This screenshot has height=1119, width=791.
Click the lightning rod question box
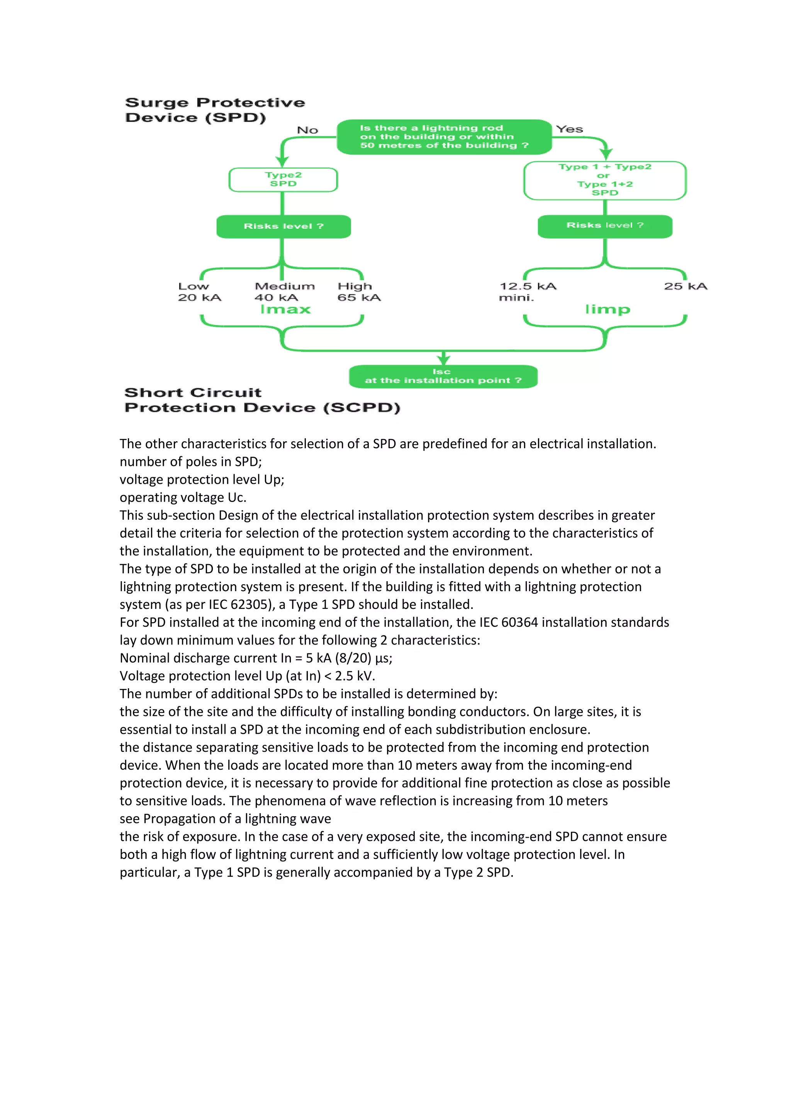point(444,137)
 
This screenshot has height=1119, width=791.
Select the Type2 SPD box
point(283,179)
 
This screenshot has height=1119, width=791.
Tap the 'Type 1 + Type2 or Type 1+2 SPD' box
point(604,180)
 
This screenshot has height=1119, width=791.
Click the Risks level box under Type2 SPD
point(283,226)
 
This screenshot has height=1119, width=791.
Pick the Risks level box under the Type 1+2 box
point(604,226)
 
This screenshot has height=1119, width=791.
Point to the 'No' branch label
point(307,130)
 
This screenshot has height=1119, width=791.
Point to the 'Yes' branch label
point(569,129)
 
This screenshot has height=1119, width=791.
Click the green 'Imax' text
point(285,310)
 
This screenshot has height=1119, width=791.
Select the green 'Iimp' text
point(608,310)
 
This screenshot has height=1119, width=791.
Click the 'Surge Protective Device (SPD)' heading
point(215,110)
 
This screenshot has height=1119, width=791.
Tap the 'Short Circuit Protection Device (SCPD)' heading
point(262,400)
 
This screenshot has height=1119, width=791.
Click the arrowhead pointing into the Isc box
point(443,360)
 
